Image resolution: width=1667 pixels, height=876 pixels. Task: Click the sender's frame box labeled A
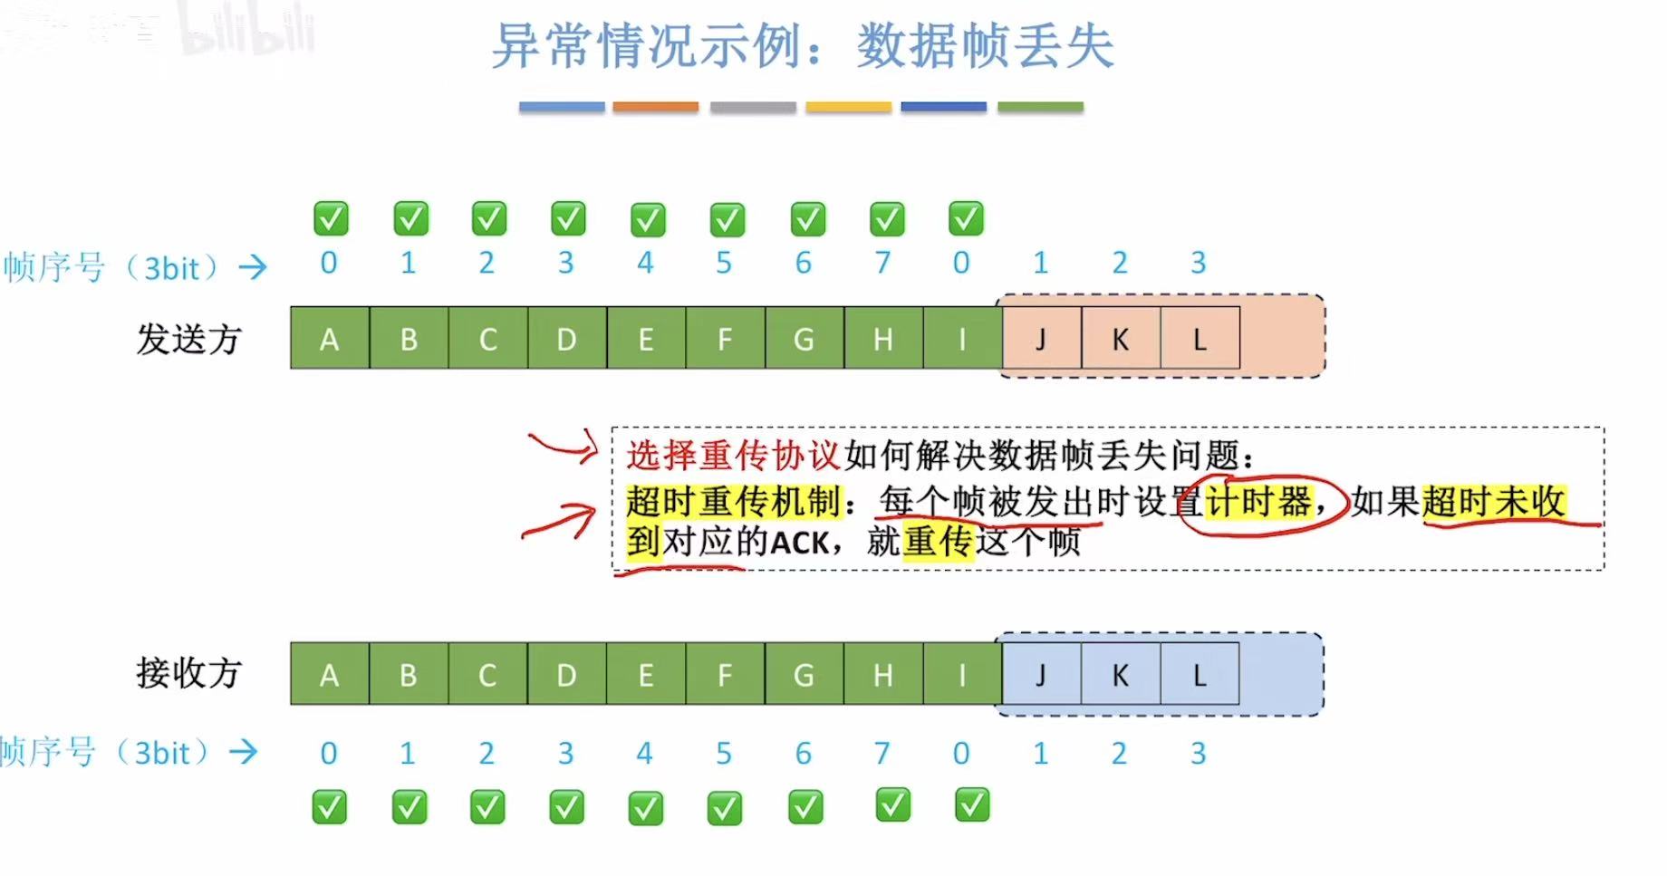point(330,339)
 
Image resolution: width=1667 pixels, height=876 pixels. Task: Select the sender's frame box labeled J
point(1041,339)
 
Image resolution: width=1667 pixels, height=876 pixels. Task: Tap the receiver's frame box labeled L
point(1199,675)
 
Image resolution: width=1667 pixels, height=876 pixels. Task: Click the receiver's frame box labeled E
point(646,675)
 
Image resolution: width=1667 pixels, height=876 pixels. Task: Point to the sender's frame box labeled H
point(883,339)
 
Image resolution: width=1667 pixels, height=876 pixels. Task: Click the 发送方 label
point(188,339)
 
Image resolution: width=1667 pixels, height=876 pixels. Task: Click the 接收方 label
point(188,673)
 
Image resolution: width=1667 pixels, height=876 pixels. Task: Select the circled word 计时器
point(1259,501)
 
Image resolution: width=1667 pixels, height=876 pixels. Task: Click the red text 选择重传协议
point(733,455)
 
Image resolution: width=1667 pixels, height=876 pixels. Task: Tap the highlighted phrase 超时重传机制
point(733,501)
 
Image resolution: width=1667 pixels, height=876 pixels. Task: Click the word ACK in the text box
point(800,543)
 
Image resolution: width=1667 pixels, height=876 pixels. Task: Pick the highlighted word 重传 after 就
point(938,543)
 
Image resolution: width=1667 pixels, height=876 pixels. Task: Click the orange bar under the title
point(655,107)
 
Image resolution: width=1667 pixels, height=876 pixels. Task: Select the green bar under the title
point(1040,107)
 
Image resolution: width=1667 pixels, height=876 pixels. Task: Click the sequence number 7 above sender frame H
point(882,263)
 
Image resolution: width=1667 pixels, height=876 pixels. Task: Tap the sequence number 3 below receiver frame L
point(1198,753)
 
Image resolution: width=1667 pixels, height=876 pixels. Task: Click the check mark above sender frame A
point(331,218)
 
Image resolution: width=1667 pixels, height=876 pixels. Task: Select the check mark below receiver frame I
point(972,804)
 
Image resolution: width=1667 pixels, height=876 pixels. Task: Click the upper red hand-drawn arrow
point(564,445)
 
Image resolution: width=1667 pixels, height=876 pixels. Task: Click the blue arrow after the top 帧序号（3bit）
point(253,266)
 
